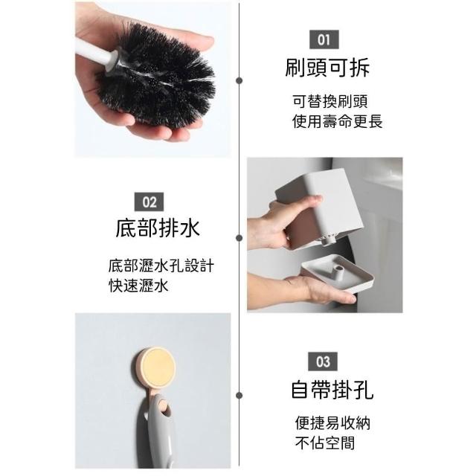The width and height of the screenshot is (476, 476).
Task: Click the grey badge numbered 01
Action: click(x=324, y=39)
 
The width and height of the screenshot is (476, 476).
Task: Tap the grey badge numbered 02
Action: click(x=149, y=202)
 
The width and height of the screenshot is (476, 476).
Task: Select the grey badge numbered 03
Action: click(x=323, y=361)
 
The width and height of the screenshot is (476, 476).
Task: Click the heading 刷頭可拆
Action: click(x=327, y=68)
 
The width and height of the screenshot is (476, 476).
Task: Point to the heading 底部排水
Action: click(x=158, y=228)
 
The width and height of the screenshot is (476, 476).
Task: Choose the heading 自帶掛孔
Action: click(x=332, y=390)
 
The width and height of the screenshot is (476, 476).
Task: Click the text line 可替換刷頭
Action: click(x=330, y=101)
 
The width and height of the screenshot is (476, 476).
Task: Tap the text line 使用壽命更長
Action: click(x=337, y=121)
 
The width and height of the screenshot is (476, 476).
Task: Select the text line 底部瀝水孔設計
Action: click(x=161, y=266)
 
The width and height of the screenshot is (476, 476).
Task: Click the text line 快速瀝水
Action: click(x=138, y=286)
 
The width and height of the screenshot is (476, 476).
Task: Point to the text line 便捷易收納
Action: click(x=332, y=423)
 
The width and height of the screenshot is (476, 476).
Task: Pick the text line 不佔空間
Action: click(x=325, y=443)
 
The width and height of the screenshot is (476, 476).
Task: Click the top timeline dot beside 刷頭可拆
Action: click(x=239, y=80)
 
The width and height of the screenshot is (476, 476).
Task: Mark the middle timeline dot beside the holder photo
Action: click(x=239, y=238)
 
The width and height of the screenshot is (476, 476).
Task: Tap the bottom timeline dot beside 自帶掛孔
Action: click(x=239, y=395)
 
